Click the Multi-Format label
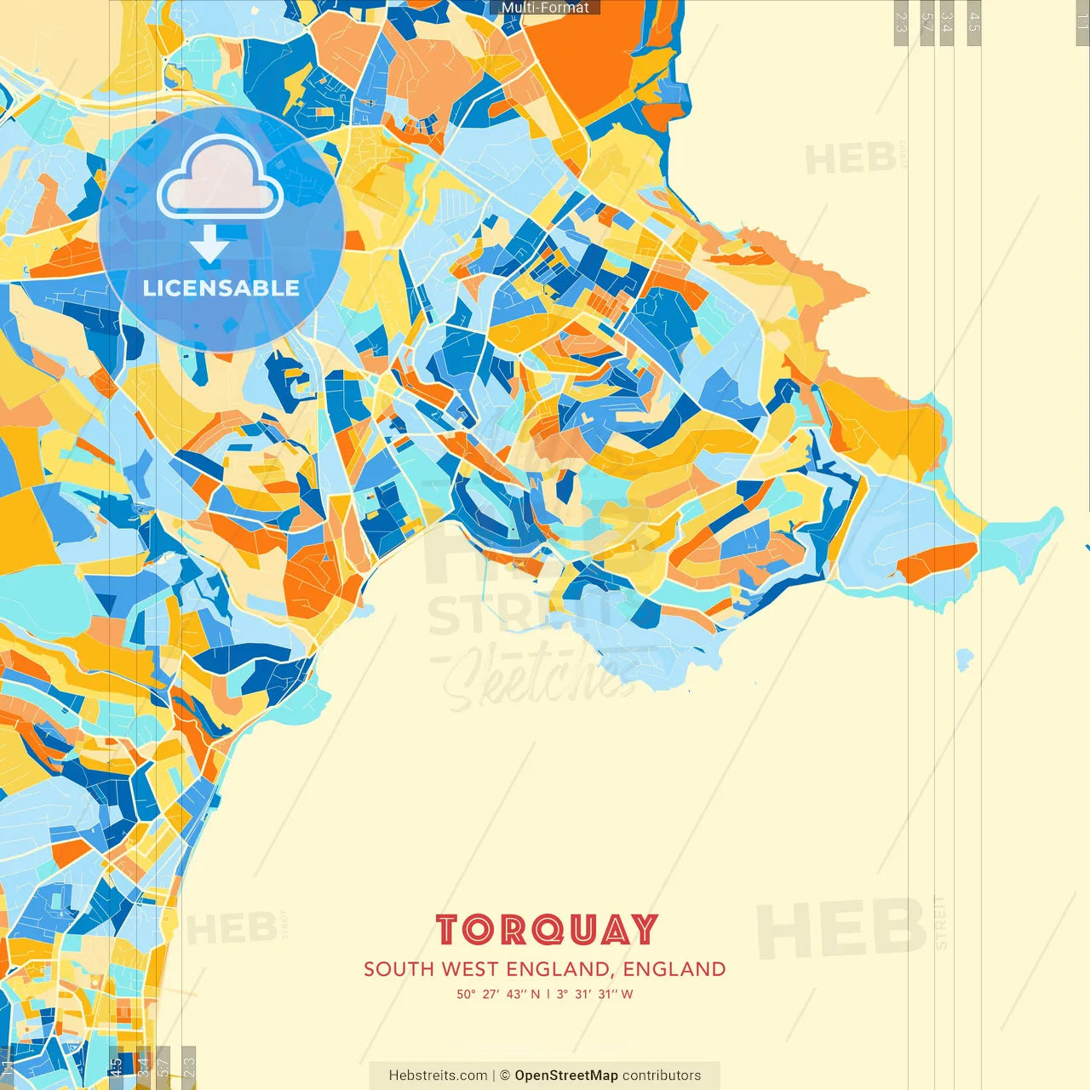point(545,8)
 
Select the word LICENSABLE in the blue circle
point(221,288)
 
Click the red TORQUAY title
point(546,930)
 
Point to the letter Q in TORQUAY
point(547,931)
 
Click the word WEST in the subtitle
point(469,969)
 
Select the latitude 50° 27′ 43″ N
point(497,994)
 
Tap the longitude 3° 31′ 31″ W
point(594,994)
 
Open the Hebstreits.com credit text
point(438,1076)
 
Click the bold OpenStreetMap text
point(565,1076)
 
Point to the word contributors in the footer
point(662,1076)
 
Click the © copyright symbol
point(504,1076)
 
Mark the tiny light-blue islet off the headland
point(964,658)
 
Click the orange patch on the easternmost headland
point(937,560)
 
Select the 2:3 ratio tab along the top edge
point(901,22)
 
